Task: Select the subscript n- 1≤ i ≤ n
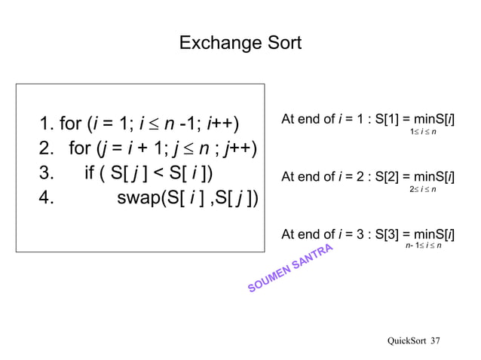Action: [x=424, y=246]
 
